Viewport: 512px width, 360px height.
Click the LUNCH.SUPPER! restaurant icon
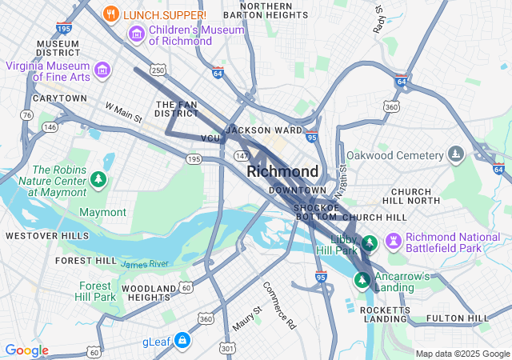[111, 14]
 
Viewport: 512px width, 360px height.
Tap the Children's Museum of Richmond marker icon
[136, 34]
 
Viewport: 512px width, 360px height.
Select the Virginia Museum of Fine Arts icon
[102, 70]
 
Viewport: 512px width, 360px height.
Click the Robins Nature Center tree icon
[98, 178]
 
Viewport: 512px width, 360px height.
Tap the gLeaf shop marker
[183, 341]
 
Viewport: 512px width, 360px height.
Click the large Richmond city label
[282, 172]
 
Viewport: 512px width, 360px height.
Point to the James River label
[145, 264]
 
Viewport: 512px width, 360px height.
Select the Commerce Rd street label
[279, 305]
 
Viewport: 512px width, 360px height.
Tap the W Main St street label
[123, 112]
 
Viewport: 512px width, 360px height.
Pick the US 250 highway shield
[158, 71]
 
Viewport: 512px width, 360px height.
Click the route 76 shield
[26, 116]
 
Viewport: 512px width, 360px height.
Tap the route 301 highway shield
[227, 348]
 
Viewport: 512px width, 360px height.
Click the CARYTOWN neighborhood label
[60, 98]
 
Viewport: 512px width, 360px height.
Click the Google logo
[27, 350]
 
